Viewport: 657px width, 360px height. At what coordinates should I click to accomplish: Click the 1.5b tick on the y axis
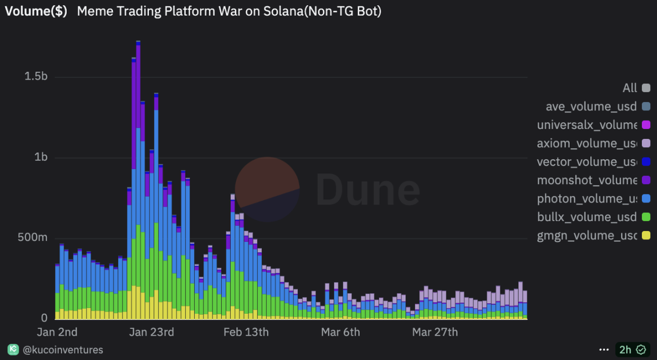tap(35, 77)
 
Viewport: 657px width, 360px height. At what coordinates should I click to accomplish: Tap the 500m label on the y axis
tap(32, 237)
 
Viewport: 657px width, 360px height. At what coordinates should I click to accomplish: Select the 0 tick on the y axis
tap(43, 318)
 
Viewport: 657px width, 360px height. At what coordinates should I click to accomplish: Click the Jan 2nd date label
tap(57, 332)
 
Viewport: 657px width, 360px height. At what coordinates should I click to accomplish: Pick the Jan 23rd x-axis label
tap(151, 332)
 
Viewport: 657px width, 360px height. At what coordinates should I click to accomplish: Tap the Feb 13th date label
tap(246, 332)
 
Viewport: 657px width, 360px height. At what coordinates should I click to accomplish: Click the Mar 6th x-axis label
tap(340, 332)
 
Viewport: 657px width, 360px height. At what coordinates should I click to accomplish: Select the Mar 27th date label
tap(435, 332)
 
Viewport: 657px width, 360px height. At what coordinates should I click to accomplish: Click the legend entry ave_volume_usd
tap(591, 106)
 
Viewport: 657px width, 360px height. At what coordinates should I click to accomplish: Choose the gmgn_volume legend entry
tap(587, 235)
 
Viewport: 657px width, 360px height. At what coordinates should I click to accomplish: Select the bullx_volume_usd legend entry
tap(587, 217)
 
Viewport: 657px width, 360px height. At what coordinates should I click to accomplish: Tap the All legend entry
tap(630, 88)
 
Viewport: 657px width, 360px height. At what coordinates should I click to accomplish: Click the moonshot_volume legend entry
tap(587, 180)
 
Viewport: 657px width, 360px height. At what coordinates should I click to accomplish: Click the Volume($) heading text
tap(36, 11)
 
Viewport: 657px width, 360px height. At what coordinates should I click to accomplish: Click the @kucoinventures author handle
tap(63, 350)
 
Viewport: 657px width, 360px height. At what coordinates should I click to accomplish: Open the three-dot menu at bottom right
tap(604, 350)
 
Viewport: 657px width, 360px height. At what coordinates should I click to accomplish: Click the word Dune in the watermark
tap(368, 189)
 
